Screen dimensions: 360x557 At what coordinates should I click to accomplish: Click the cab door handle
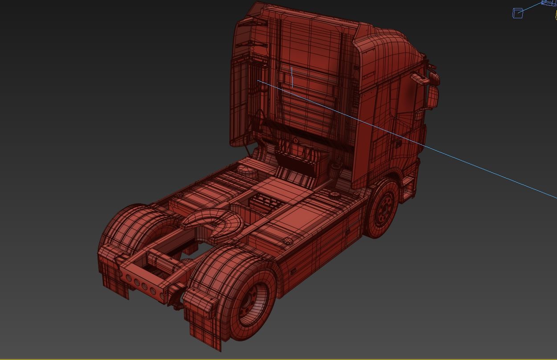pyautogui.click(x=397, y=144)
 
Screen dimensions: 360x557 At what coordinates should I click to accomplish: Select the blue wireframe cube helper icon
pyautogui.click(x=518, y=13)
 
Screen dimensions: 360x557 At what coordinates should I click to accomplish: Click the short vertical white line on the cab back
pyautogui.click(x=292, y=77)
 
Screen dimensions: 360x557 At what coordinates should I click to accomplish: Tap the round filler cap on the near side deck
pyautogui.click(x=288, y=241)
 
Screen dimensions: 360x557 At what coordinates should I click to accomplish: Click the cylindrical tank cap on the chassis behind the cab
pyautogui.click(x=244, y=170)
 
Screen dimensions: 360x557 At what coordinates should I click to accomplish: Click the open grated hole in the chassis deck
pyautogui.click(x=266, y=205)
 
